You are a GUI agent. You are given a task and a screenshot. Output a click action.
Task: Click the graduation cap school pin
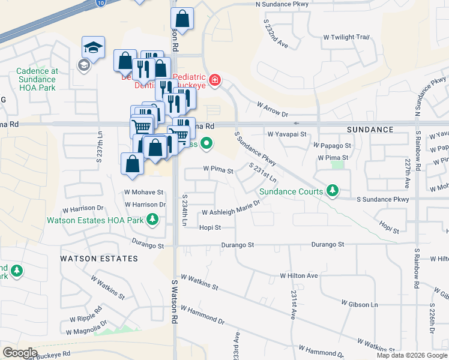point(94,47)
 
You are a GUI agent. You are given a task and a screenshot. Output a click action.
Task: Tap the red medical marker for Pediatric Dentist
point(214,80)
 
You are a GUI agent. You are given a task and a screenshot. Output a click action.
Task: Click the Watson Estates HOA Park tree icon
point(152,220)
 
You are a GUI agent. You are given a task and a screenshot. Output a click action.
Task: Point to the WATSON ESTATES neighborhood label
point(99,259)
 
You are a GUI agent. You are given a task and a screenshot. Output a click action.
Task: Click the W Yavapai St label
point(287,134)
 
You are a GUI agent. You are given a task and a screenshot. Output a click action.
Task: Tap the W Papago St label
point(332,146)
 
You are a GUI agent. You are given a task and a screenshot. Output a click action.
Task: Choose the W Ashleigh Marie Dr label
point(231,212)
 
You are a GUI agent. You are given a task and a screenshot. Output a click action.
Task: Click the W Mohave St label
point(143,193)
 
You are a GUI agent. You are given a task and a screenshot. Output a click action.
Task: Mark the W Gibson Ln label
point(360,305)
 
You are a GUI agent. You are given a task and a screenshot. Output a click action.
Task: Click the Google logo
point(20,353)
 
